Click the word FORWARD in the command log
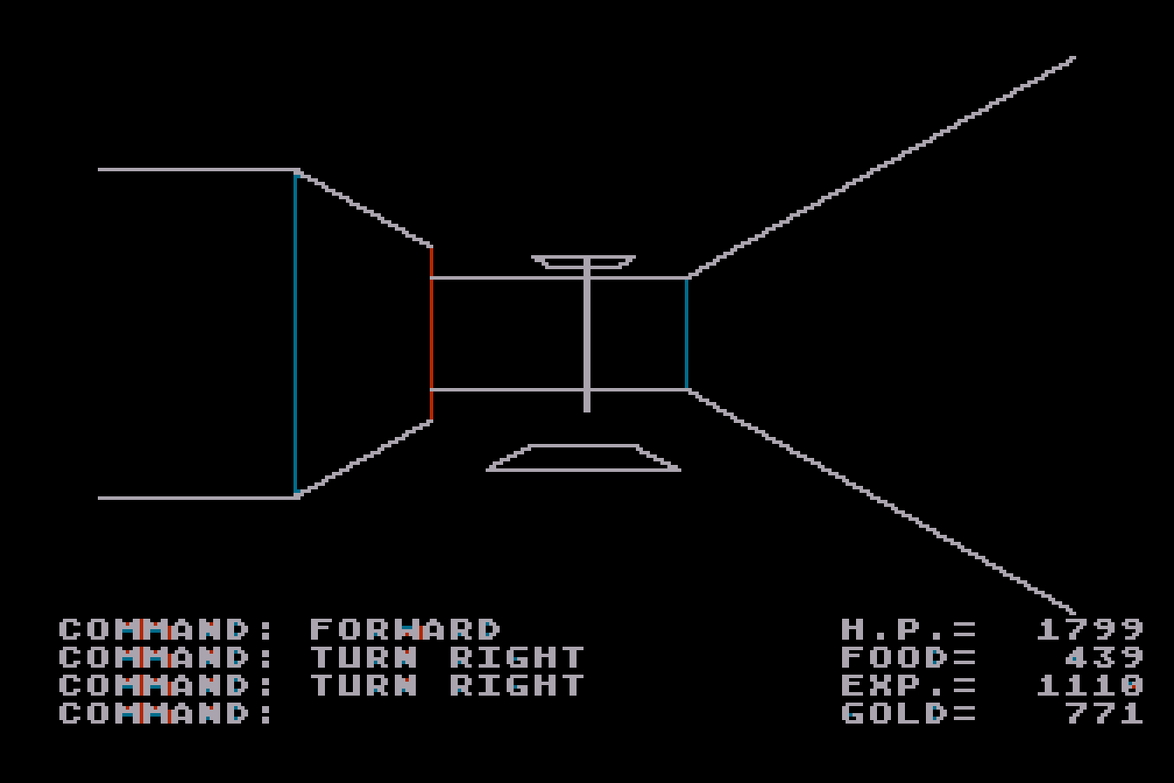tap(404, 629)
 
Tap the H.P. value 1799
tap(1090, 629)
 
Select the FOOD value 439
tap(1104, 657)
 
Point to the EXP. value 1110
tap(1090, 685)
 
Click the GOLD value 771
tap(1104, 713)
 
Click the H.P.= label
tap(908, 629)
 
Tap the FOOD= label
tap(908, 657)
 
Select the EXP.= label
tap(908, 685)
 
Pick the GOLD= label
tap(908, 713)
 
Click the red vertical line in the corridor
tap(432, 334)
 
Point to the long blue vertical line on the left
tap(295, 334)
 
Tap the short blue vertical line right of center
tap(687, 334)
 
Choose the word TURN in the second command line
tap(363, 657)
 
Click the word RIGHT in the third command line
tap(517, 685)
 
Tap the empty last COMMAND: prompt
tap(165, 713)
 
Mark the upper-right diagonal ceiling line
tap(881, 167)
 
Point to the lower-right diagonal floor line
tap(881, 502)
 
